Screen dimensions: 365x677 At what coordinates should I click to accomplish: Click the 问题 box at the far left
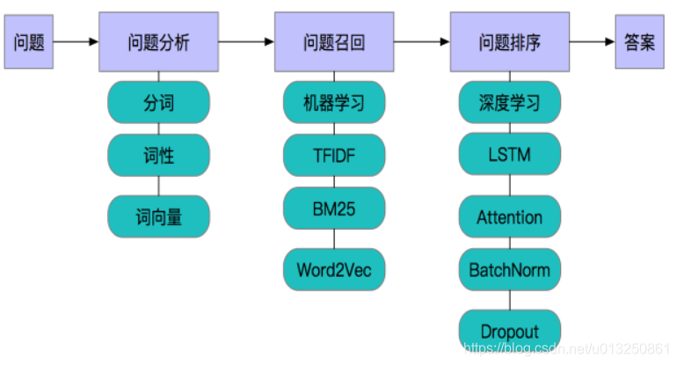29,42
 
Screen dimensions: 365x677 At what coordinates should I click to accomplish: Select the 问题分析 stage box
158,42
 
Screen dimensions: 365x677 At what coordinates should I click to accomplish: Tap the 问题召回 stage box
335,42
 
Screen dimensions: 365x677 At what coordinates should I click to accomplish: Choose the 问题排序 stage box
510,42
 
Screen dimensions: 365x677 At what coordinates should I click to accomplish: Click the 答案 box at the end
640,42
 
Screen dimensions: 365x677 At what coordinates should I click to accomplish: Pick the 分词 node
158,103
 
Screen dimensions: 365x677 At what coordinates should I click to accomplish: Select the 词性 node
158,156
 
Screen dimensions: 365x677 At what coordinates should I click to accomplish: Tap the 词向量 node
158,216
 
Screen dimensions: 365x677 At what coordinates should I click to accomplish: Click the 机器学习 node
335,103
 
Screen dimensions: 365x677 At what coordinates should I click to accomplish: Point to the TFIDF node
335,156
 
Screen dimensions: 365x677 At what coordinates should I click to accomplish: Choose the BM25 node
335,208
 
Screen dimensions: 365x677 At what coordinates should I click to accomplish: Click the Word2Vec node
335,269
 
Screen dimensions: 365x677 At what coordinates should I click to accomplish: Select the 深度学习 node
510,103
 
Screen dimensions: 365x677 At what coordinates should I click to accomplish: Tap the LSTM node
510,156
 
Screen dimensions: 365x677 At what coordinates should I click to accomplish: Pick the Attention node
510,216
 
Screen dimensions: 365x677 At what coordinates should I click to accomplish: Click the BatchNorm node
510,269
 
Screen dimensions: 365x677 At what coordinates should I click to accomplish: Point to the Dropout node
510,331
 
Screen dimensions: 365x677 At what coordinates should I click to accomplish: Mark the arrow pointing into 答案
593,41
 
